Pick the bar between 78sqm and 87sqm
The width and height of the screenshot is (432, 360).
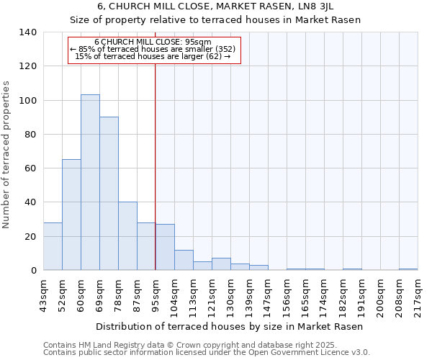127,235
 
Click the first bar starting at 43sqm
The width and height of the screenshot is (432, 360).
53,246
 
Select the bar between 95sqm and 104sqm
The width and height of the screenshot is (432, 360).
165,247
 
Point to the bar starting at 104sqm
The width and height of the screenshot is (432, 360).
184,260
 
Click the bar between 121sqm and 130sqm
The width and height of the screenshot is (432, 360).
221,264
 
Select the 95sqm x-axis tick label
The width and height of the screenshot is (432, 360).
156,294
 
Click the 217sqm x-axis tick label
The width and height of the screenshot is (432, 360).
418,294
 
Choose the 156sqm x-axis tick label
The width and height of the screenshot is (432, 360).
287,294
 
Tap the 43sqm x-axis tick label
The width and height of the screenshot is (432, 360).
43,294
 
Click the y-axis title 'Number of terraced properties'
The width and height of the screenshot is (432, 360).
7,154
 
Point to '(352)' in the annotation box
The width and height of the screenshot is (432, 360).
221,49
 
